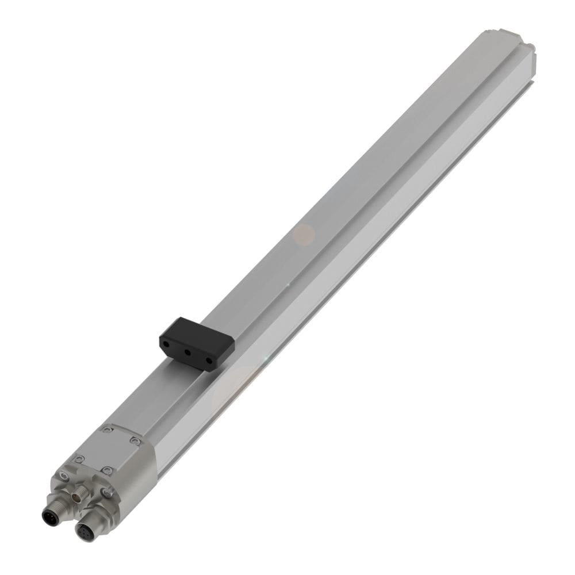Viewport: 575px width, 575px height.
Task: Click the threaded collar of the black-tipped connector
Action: click(x=57, y=506)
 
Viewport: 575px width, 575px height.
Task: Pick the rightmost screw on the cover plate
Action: click(x=135, y=440)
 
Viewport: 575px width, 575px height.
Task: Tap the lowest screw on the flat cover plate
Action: click(x=106, y=470)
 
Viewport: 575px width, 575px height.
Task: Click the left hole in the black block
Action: click(x=165, y=343)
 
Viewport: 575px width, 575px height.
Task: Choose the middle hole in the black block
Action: click(x=187, y=352)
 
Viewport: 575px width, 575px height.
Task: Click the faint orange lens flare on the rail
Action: click(x=304, y=233)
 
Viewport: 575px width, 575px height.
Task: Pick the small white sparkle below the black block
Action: click(x=265, y=359)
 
